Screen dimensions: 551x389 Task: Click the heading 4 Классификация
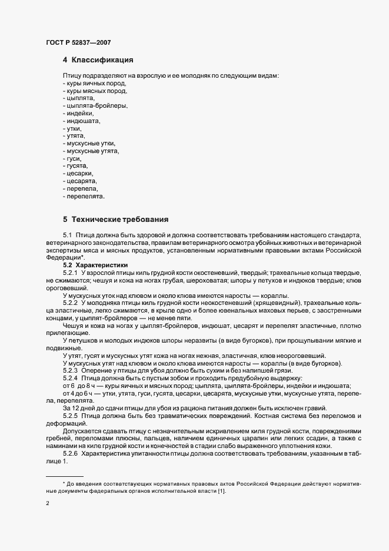coord(98,60)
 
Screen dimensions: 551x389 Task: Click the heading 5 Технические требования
coord(116,220)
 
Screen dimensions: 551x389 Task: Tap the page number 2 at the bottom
coord(47,504)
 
